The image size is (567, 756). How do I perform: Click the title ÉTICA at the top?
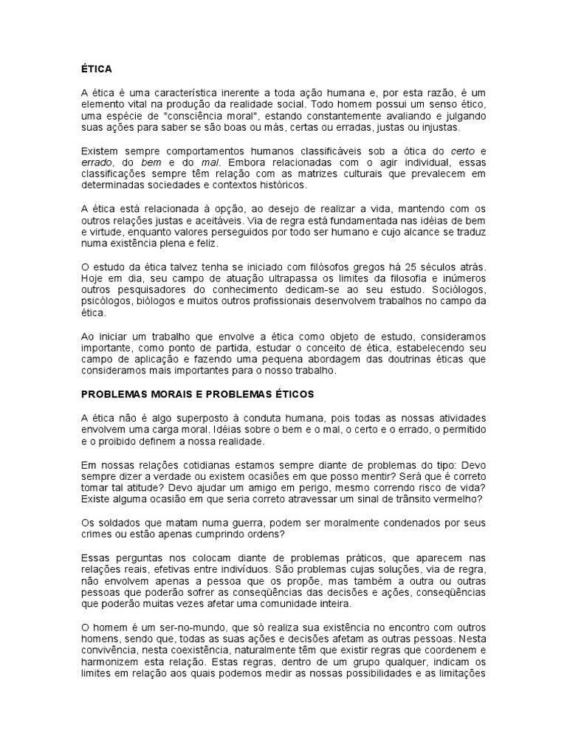[96, 69]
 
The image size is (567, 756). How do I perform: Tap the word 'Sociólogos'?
[456, 289]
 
